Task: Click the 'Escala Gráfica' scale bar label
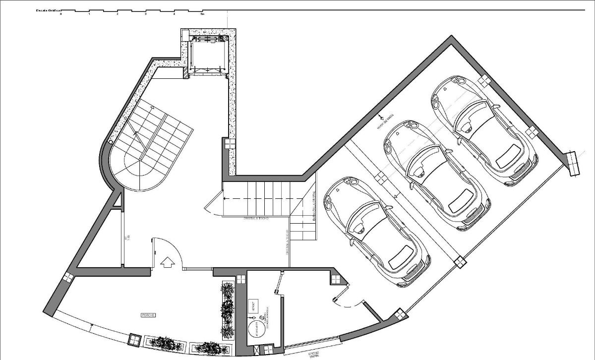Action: pos(48,10)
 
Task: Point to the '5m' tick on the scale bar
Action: pos(202,14)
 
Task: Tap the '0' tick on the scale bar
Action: pos(61,14)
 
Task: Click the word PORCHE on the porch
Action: pos(148,315)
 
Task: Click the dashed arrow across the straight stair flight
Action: pos(263,198)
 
